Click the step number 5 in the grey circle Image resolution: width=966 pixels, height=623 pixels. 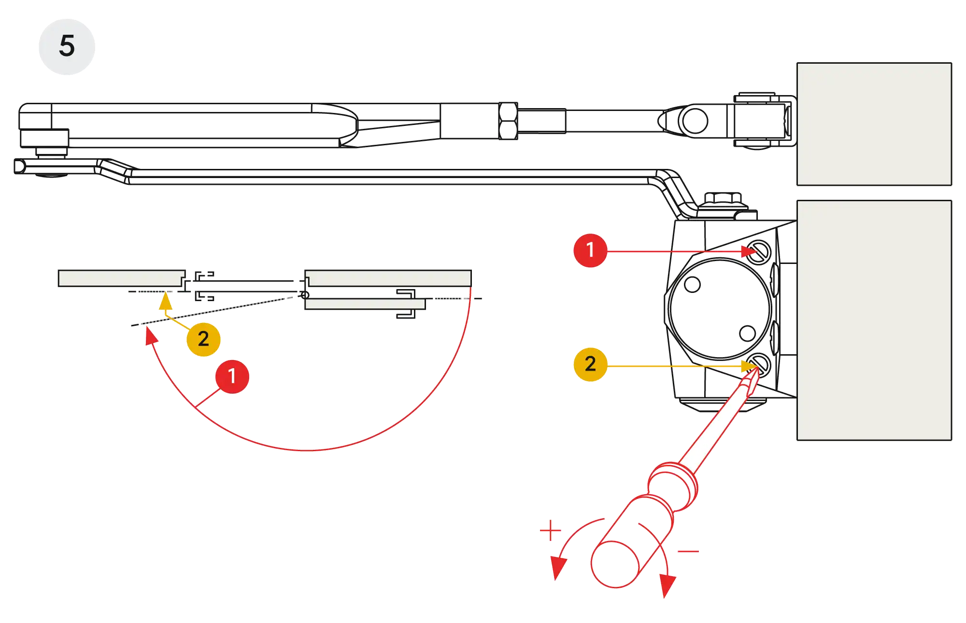[67, 46]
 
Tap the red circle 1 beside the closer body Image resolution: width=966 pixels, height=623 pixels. [590, 250]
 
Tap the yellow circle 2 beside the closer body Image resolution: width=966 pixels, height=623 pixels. [590, 364]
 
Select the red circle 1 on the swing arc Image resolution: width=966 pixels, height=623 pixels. [232, 376]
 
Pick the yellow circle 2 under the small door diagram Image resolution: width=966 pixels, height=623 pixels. [203, 339]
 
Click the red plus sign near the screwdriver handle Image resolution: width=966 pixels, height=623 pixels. [550, 531]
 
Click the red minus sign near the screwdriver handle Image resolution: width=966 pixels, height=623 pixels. [687, 551]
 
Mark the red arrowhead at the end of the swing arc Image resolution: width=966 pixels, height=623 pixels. [151, 336]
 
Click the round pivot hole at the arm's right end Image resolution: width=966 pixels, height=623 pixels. [694, 121]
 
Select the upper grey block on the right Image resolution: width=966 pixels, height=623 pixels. [874, 124]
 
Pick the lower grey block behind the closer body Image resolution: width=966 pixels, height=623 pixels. [874, 320]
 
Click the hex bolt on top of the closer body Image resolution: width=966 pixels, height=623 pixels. [723, 198]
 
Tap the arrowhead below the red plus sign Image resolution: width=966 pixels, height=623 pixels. [558, 568]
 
